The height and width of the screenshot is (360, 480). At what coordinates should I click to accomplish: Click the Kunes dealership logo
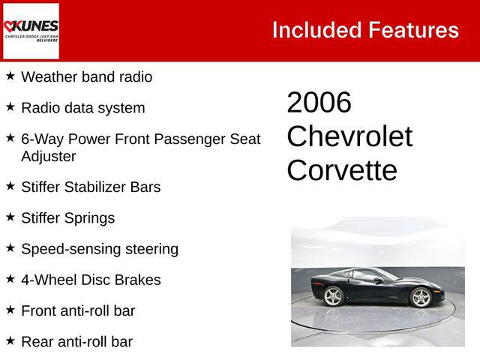[x=31, y=31]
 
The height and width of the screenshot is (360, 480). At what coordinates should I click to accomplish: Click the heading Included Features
[x=365, y=30]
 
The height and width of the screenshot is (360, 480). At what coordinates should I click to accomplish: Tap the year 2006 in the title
[x=319, y=103]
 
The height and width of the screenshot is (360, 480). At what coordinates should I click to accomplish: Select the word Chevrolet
[x=349, y=136]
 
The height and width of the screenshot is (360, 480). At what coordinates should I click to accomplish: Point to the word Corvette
[x=341, y=170]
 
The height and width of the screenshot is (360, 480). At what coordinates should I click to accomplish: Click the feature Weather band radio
[x=86, y=76]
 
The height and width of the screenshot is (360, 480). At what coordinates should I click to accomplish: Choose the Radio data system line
[x=82, y=107]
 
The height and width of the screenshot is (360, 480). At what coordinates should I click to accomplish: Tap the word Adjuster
[x=49, y=156]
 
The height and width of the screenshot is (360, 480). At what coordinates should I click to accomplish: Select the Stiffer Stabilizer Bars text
[x=91, y=187]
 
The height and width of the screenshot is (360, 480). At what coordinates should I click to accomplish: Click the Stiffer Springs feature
[x=67, y=217]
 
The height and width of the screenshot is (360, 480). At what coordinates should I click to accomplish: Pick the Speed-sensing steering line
[x=100, y=248]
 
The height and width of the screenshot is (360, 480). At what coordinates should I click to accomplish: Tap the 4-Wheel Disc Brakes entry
[x=91, y=280]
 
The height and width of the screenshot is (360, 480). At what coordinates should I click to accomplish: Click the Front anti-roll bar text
[x=78, y=310]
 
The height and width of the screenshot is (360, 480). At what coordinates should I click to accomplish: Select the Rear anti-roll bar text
[x=76, y=341]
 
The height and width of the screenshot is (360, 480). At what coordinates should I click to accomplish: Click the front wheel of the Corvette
[x=421, y=297]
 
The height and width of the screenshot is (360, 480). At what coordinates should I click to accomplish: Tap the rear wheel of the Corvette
[x=332, y=297]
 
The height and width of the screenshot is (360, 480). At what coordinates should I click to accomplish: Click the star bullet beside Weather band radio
[x=10, y=76]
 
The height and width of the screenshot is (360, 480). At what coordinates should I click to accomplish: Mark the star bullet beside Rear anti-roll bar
[x=10, y=340]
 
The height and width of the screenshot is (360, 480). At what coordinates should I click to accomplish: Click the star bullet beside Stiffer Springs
[x=10, y=217]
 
